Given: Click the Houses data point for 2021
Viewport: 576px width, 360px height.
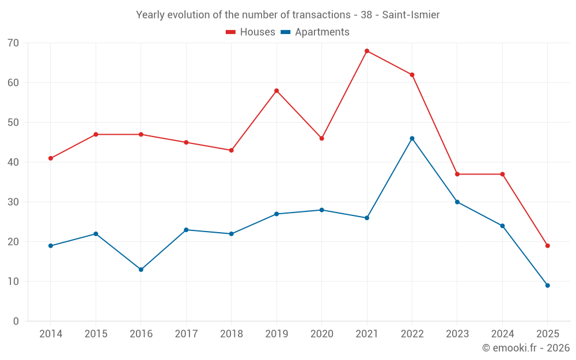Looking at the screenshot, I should click(x=367, y=51).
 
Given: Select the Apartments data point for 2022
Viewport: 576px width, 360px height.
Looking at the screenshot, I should click(x=412, y=138).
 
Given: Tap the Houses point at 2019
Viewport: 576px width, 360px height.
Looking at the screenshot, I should click(x=276, y=90).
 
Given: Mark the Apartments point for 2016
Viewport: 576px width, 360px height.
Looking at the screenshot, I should click(x=141, y=270).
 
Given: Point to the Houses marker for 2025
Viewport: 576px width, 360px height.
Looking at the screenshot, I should click(x=548, y=246).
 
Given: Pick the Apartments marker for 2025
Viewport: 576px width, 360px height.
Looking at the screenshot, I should click(x=548, y=286).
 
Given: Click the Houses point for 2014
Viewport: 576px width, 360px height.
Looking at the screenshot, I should click(x=51, y=158).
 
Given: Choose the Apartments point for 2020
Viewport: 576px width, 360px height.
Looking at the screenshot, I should click(x=321, y=210).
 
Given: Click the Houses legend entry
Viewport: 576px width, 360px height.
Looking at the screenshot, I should click(x=251, y=32).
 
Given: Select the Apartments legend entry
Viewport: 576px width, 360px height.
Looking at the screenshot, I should click(x=315, y=32).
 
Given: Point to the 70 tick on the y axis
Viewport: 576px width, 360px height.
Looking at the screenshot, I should click(x=13, y=43).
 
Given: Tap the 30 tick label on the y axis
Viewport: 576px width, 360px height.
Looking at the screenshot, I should click(x=13, y=202).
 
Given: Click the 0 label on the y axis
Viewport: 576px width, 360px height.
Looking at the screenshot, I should click(x=16, y=321).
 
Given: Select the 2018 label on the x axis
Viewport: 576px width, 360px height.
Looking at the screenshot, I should click(x=231, y=334).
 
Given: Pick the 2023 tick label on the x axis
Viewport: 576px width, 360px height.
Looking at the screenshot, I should click(x=457, y=334).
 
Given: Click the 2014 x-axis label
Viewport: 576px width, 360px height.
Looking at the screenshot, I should click(x=51, y=334).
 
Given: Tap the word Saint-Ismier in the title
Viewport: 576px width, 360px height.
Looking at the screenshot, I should click(x=411, y=15).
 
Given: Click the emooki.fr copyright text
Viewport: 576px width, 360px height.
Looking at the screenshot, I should click(x=526, y=348).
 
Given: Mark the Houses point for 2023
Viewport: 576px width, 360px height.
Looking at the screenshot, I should click(x=457, y=174).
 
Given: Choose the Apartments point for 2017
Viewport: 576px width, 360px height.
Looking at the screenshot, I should click(x=186, y=230).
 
